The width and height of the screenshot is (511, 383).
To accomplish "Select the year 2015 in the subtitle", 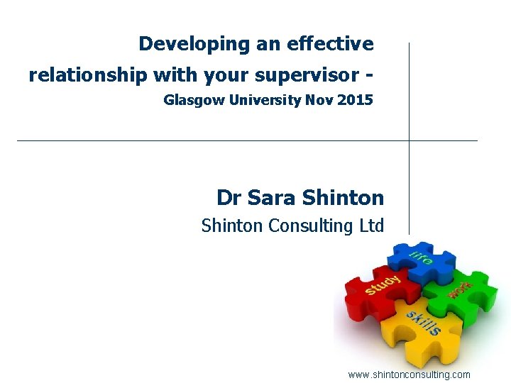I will point(356,100).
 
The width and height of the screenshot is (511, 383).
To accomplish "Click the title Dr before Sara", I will point(230,197).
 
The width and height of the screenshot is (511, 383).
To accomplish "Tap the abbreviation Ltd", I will point(370,226).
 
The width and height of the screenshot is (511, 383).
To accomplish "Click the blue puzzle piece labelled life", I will point(422,262).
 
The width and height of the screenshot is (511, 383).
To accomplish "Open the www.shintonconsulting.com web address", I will point(409,374).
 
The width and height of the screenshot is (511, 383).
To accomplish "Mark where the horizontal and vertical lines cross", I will point(409,140).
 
